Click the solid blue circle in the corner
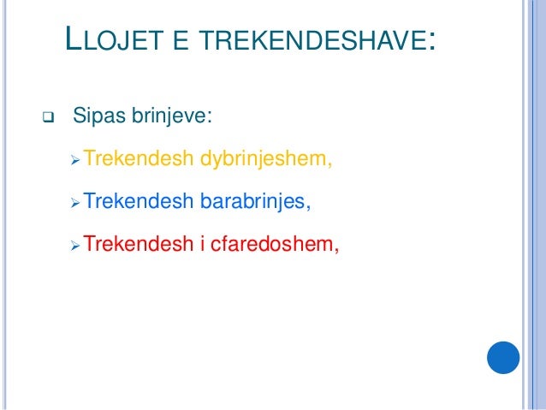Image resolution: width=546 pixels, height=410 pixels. pos(503,357)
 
